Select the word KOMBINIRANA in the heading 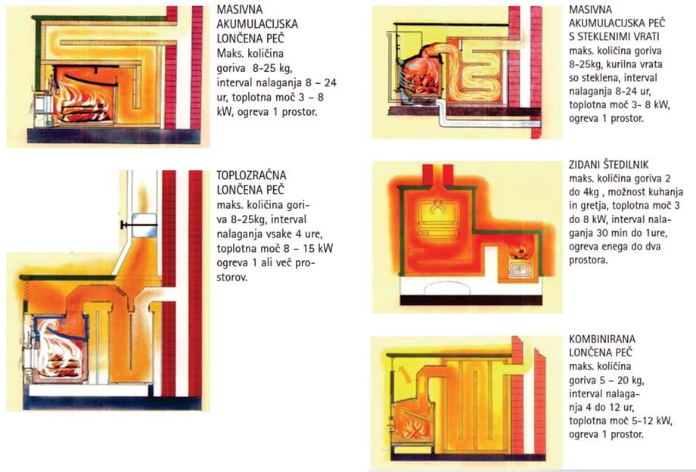coord(602,339)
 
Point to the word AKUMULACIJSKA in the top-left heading coord(257,24)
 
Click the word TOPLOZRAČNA coord(251,175)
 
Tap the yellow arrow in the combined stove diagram coord(405,373)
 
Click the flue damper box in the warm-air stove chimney coord(144,225)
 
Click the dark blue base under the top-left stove coord(113,135)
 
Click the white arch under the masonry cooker coord(447,288)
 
